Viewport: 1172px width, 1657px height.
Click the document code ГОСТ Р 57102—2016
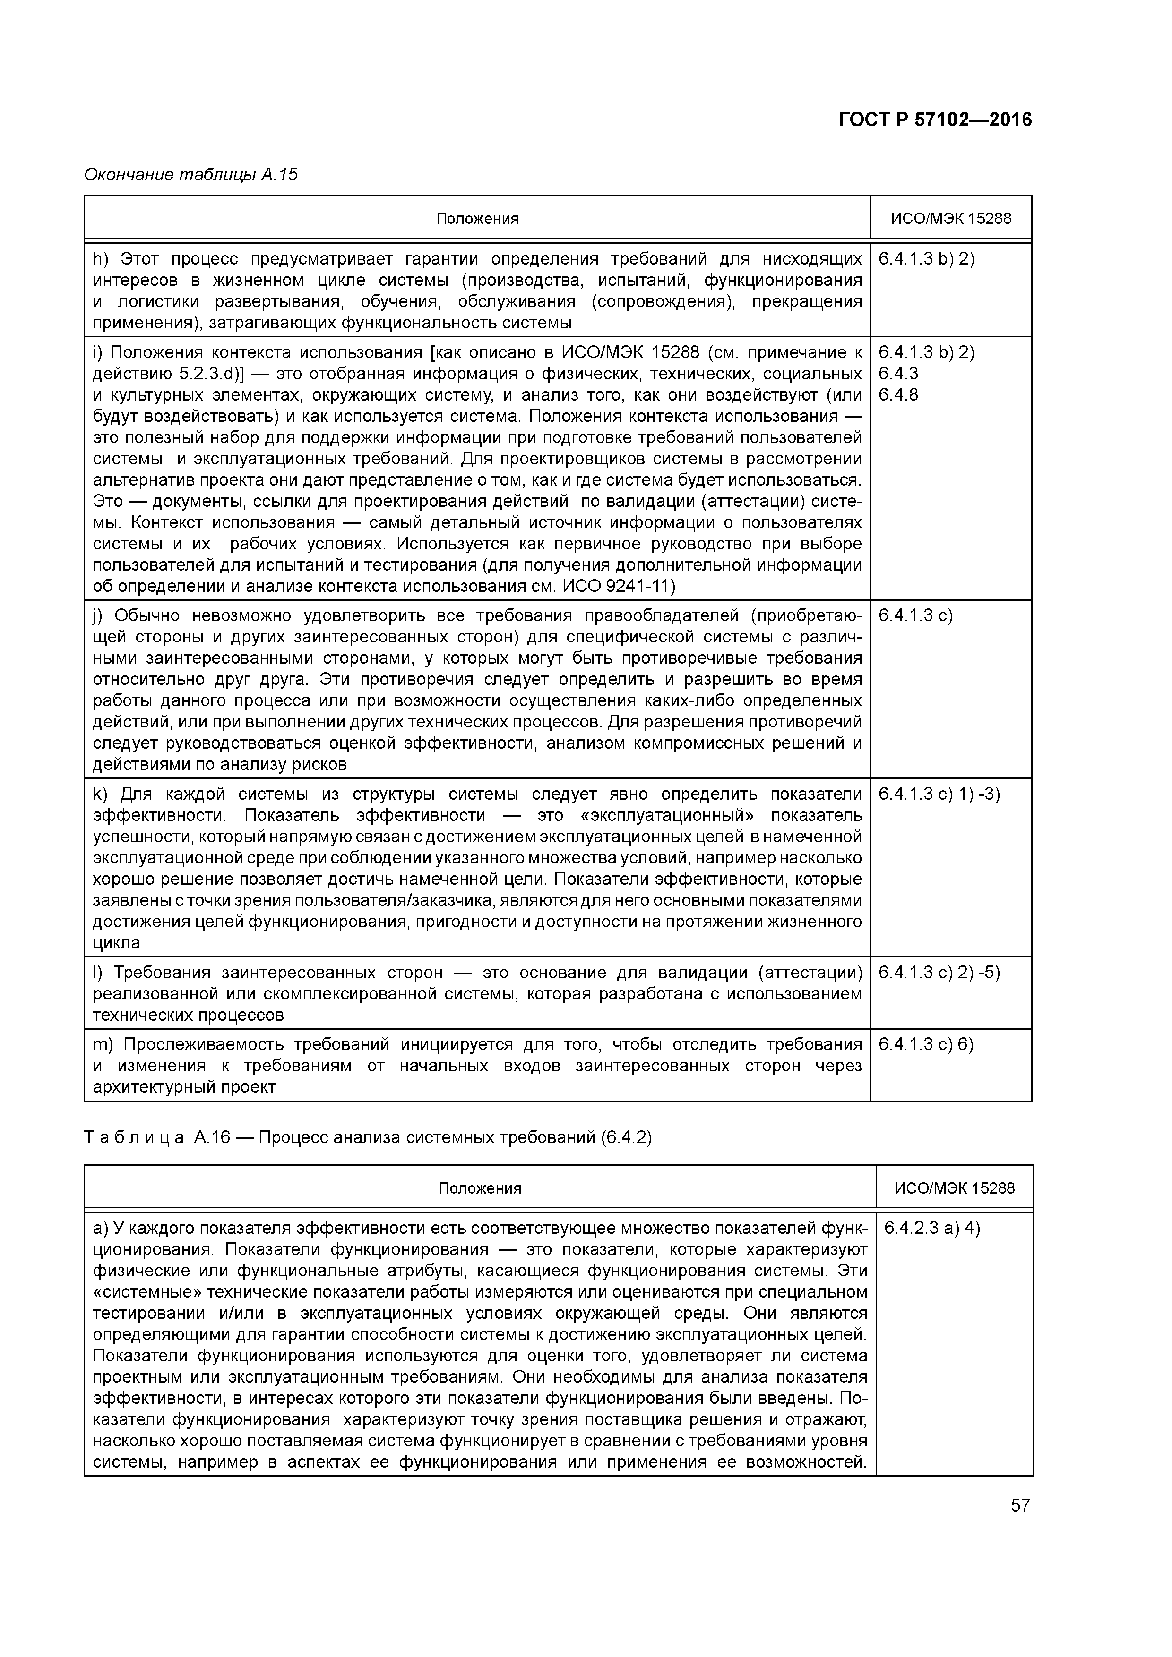click(935, 120)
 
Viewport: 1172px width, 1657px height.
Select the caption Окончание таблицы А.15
click(190, 175)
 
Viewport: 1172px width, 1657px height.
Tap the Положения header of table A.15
click(477, 219)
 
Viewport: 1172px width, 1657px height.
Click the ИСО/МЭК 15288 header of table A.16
click(955, 1188)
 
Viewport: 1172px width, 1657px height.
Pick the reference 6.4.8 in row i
click(897, 395)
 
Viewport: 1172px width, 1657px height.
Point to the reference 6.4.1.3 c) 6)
click(926, 1044)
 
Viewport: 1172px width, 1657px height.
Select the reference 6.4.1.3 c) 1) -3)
click(939, 794)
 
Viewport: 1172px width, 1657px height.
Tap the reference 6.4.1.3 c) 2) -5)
click(939, 973)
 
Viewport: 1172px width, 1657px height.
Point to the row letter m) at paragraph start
click(102, 1044)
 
